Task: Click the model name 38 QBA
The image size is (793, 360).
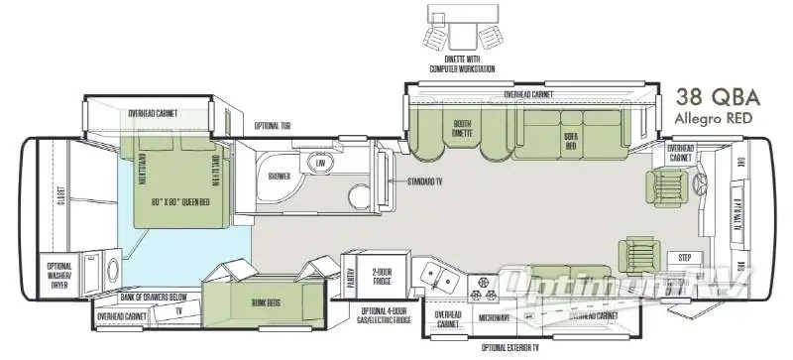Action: tap(717, 98)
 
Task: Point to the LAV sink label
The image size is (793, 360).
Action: tap(321, 162)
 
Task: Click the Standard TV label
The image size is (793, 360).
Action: tap(428, 182)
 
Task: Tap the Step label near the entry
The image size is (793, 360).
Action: tap(684, 257)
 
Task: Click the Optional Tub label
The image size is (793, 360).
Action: tap(273, 125)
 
